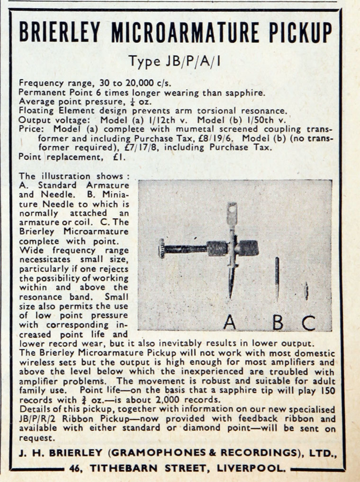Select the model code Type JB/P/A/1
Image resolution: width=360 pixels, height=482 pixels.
click(x=176, y=62)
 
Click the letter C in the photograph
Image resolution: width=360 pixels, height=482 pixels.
click(x=308, y=322)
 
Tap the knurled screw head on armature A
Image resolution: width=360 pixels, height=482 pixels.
click(x=162, y=249)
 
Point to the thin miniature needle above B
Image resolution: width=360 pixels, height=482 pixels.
click(x=277, y=277)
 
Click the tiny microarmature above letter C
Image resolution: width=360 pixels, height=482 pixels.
click(x=306, y=291)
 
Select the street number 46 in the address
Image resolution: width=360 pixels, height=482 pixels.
click(x=75, y=469)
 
